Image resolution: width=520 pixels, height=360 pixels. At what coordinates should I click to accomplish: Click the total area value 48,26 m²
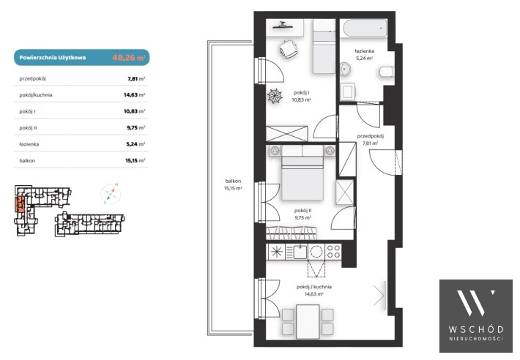(128, 57)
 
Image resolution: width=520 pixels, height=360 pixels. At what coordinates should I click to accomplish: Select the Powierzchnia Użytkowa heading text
(53, 58)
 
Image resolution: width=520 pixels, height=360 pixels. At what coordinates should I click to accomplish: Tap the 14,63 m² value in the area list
(134, 94)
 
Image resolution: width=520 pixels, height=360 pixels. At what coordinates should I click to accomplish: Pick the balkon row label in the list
(27, 161)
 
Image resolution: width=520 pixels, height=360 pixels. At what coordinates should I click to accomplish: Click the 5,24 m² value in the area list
(135, 144)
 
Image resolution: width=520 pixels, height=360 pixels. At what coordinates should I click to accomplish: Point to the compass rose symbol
(111, 194)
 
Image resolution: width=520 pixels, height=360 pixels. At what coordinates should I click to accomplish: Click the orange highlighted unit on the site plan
(20, 204)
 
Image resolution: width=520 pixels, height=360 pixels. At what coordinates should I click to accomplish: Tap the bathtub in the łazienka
(364, 29)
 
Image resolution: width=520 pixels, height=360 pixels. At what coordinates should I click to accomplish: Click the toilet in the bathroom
(387, 72)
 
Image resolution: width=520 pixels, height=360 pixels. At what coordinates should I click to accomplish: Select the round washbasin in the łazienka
(346, 70)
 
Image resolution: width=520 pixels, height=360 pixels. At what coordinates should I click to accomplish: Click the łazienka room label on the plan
(364, 51)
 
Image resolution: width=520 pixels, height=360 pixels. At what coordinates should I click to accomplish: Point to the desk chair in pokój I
(288, 49)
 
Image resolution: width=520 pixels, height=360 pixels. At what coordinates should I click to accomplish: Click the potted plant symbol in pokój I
(275, 96)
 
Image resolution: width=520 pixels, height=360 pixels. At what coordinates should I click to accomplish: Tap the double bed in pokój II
(302, 178)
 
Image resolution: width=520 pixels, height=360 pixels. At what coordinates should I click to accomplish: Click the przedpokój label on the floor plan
(371, 136)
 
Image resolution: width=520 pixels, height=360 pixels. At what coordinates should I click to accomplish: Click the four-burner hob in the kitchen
(333, 252)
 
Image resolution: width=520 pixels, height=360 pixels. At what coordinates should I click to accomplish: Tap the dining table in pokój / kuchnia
(308, 322)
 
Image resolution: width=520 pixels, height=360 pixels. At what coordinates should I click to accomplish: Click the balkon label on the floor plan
(233, 181)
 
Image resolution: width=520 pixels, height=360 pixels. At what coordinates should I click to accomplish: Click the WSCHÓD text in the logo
(476, 329)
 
